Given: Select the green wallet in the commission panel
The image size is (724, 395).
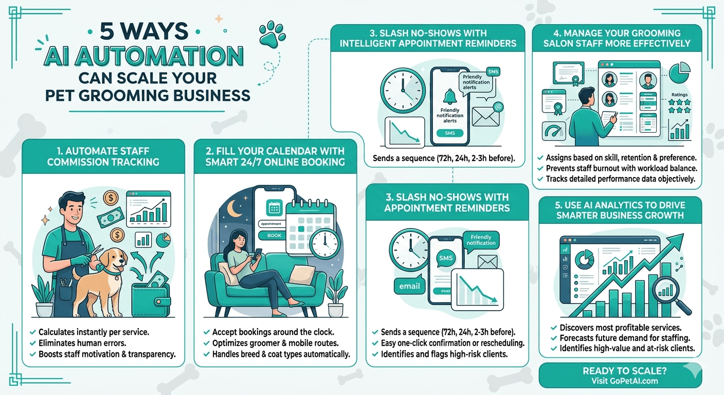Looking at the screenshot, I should [x=151, y=298].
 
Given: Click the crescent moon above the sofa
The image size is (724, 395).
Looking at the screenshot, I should [x=236, y=208].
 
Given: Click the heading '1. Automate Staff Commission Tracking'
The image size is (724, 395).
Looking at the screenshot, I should [x=103, y=156].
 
